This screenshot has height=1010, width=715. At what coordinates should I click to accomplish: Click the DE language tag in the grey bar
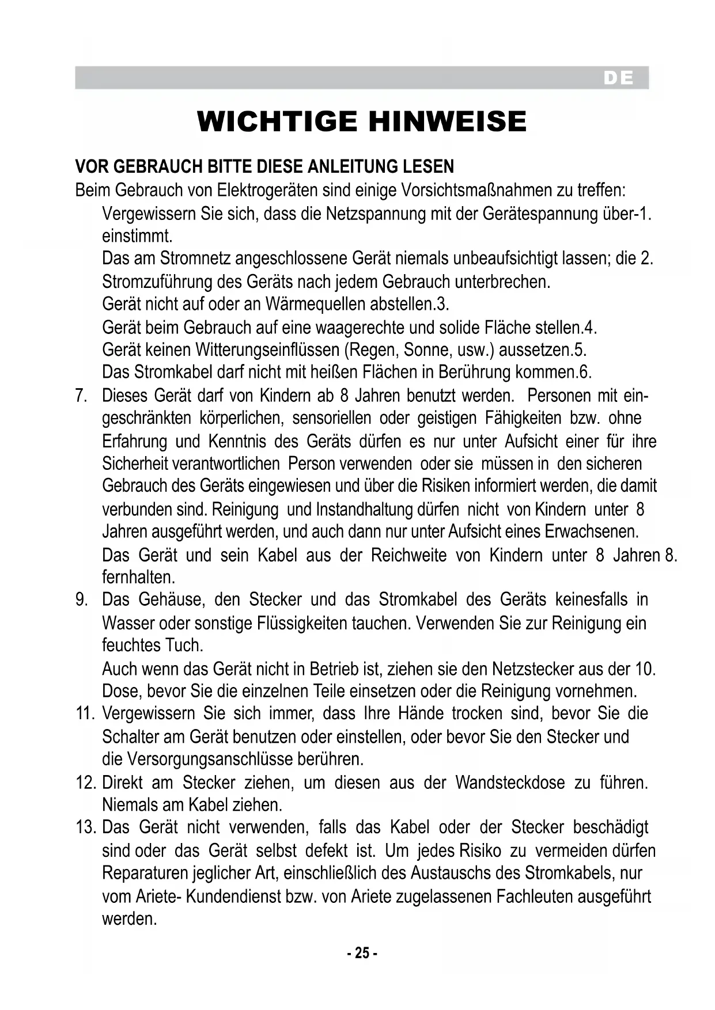pos(618,78)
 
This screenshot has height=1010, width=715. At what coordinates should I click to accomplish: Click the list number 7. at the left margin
pos(82,396)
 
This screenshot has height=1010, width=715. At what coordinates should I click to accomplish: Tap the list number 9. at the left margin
pos(82,599)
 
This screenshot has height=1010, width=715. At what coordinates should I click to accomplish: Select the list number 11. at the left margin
pos(85,713)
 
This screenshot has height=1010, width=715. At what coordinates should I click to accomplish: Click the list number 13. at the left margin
pos(85,827)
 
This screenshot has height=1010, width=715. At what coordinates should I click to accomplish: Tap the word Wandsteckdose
pos(510,783)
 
